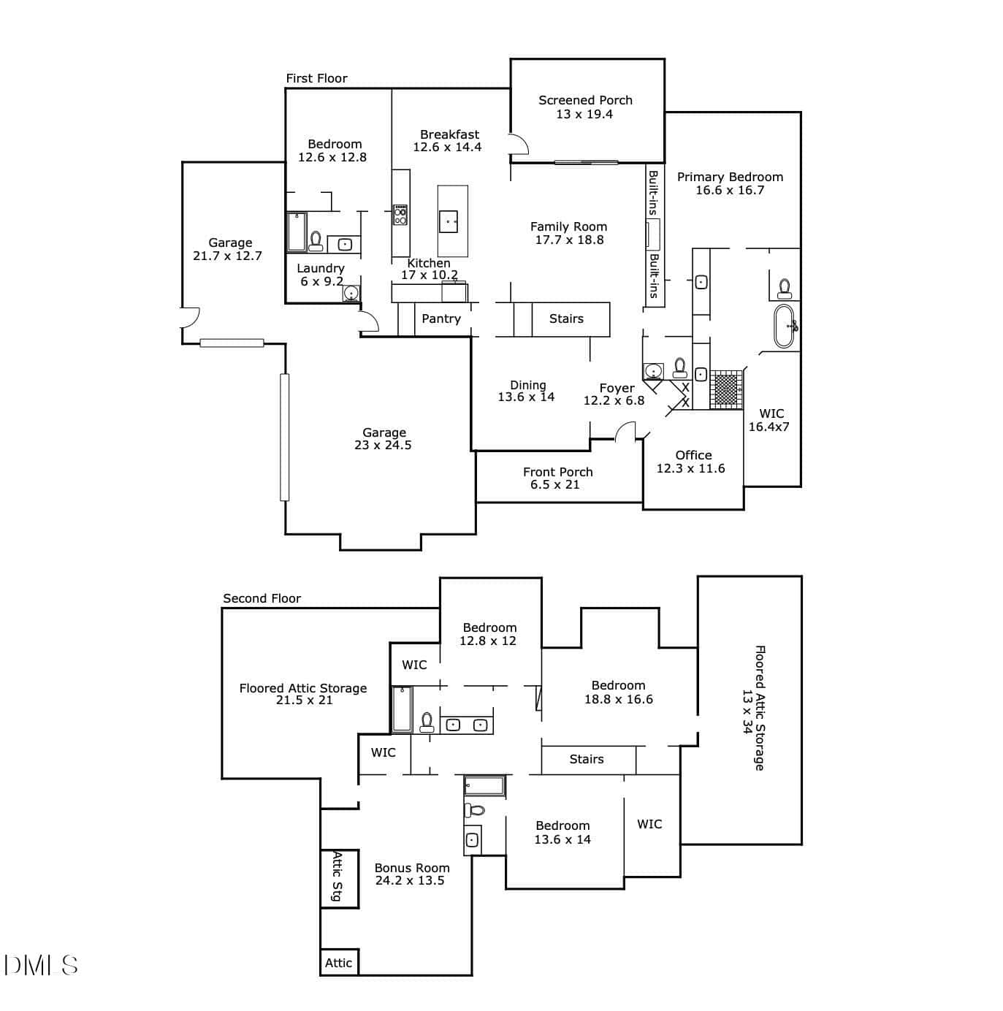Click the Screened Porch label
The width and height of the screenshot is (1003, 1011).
point(585,100)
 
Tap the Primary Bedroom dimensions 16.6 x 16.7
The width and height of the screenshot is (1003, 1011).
point(730,191)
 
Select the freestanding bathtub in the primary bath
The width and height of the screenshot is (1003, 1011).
point(784,326)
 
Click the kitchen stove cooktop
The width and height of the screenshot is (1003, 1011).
point(400,215)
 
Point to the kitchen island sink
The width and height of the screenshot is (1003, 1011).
point(449,221)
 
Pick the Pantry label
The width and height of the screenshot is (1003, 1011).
point(441,319)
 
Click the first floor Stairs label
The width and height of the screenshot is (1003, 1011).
point(566,319)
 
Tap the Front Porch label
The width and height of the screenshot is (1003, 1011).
point(558,472)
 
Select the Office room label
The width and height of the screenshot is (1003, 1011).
point(693,455)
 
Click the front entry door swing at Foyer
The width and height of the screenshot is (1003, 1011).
point(625,431)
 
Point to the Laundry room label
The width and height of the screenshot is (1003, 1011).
point(320,269)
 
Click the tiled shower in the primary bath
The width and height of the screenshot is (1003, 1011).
point(726,389)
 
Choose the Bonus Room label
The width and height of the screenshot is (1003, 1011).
point(412,868)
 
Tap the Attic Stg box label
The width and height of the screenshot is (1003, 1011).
point(337,883)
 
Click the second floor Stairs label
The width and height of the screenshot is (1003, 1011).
point(587,759)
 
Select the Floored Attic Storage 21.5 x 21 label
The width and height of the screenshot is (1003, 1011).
point(303,694)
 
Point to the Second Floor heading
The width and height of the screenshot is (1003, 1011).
point(262,598)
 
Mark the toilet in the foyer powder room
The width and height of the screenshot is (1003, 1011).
point(679,367)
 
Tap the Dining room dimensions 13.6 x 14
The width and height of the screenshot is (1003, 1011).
point(526,397)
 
